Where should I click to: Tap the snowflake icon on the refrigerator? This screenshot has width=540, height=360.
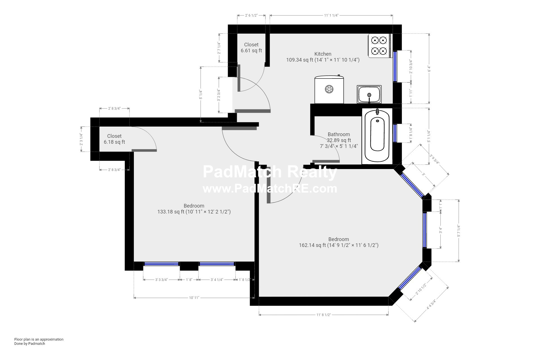329,89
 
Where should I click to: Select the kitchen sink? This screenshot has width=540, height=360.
369,94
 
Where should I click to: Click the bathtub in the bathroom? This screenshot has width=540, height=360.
377,137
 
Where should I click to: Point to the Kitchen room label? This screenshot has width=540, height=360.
323,54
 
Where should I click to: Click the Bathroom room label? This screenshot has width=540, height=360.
339,134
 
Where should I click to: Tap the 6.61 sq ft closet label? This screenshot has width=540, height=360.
251,48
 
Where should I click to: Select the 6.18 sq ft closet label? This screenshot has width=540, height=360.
114,139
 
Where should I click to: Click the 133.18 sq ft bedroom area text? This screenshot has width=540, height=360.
194,212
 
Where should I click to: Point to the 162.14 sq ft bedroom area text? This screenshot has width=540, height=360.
339,245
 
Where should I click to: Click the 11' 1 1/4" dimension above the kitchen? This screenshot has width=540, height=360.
331,15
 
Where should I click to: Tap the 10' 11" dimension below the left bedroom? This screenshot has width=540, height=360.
194,298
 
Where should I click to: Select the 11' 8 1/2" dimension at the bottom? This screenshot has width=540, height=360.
323,315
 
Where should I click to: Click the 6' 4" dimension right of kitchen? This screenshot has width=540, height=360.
429,69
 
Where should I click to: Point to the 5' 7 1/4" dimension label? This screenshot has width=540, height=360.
459,231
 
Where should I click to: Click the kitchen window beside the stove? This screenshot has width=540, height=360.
395,66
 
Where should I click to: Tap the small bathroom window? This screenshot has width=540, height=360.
395,133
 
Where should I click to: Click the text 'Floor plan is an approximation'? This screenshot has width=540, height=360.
39,339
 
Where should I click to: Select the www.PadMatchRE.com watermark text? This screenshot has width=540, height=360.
270,189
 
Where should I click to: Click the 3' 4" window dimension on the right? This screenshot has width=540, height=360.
441,230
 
